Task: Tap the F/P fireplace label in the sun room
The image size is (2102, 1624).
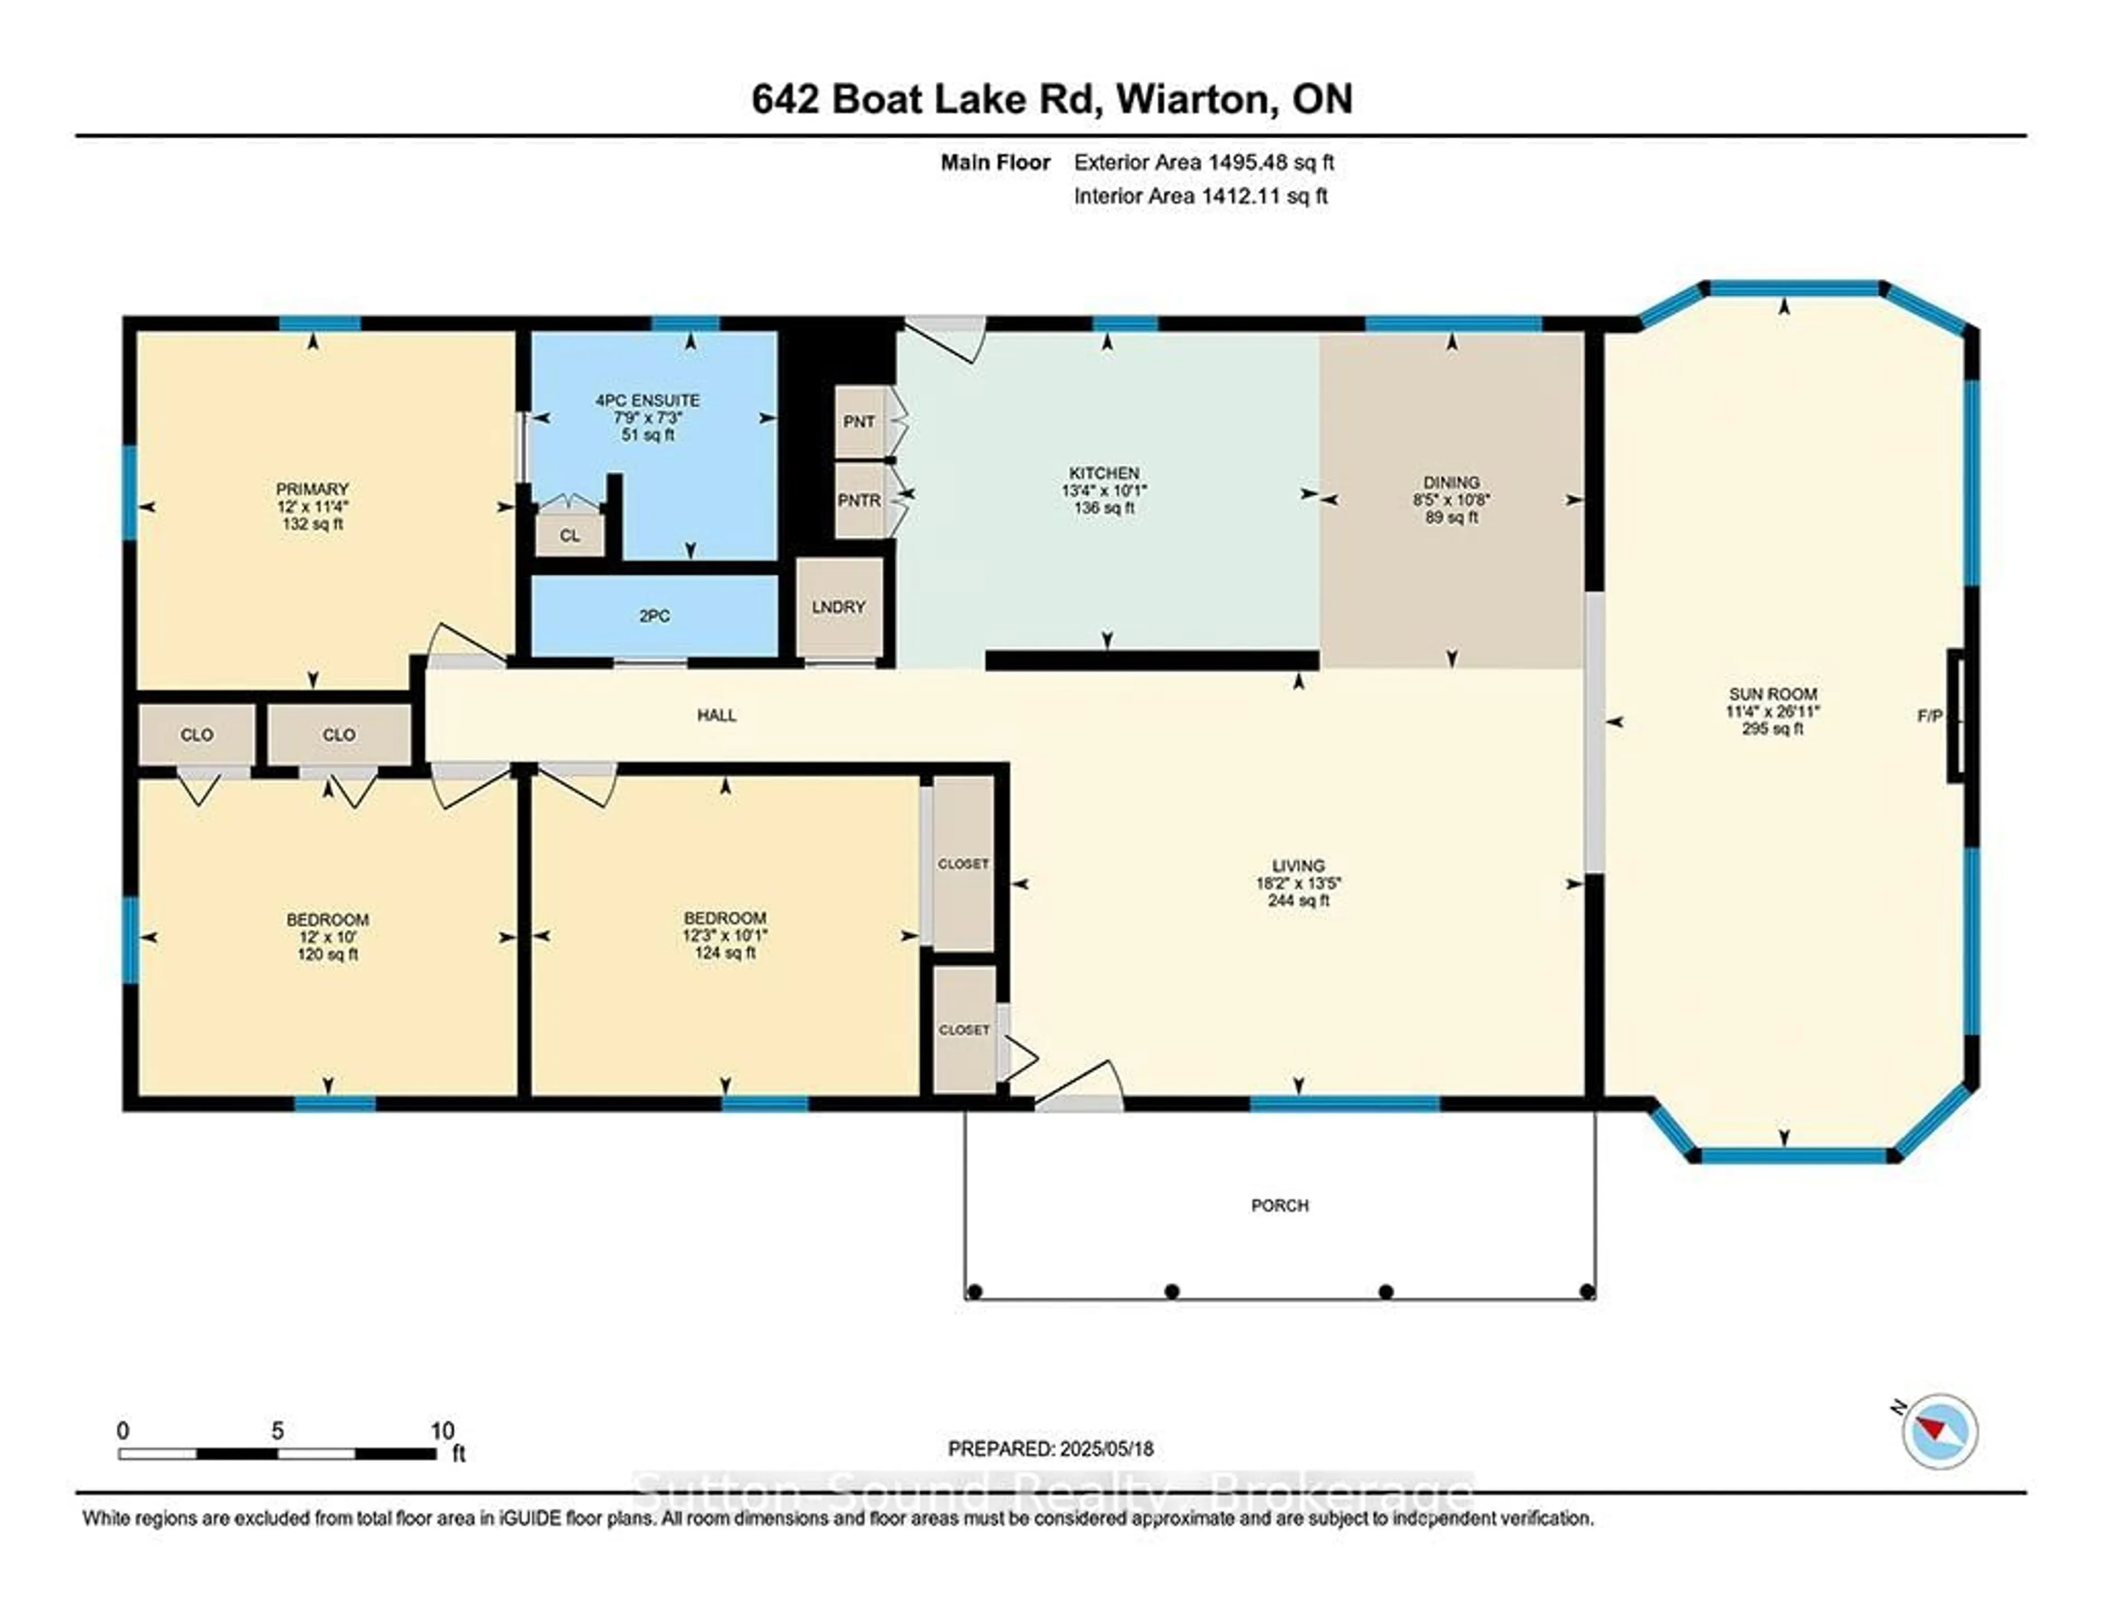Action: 1930,716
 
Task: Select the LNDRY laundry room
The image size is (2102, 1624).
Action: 838,607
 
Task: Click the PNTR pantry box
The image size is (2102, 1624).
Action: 858,500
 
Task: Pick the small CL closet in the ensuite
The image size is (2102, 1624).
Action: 570,535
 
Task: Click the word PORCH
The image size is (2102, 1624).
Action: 1279,1205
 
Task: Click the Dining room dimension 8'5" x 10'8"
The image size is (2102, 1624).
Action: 1451,499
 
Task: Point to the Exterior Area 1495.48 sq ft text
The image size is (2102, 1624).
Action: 1203,163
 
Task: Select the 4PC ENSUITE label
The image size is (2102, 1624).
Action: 648,400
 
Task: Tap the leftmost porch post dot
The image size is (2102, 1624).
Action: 974,1292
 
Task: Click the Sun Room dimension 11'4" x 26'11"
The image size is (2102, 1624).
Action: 1772,711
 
